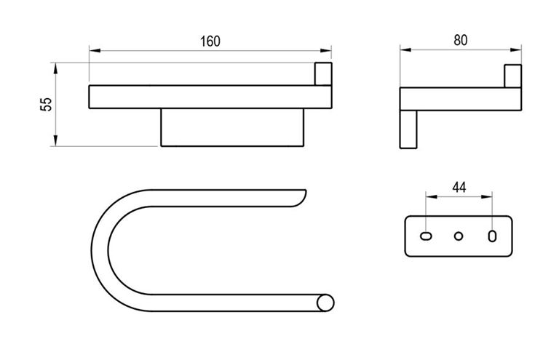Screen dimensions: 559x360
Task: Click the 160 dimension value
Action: click(x=210, y=41)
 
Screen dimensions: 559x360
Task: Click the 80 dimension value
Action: click(x=460, y=40)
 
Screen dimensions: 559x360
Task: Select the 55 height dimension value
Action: click(x=47, y=104)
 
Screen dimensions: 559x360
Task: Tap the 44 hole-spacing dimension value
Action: click(x=459, y=188)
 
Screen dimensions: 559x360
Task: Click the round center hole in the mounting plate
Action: click(x=459, y=236)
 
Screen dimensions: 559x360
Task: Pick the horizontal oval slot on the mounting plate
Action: click(x=427, y=236)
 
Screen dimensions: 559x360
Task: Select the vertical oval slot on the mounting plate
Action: click(x=492, y=236)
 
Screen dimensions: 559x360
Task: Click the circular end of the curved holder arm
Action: click(x=325, y=303)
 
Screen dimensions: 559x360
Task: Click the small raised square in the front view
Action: click(x=323, y=74)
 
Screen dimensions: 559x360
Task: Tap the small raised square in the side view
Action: click(x=512, y=76)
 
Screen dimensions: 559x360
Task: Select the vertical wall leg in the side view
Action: click(x=408, y=129)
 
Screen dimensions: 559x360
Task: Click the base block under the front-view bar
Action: click(x=232, y=127)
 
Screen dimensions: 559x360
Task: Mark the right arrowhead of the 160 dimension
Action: click(x=326, y=51)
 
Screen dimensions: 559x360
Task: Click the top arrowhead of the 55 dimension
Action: click(x=55, y=68)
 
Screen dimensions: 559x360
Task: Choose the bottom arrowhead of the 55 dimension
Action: click(x=55, y=140)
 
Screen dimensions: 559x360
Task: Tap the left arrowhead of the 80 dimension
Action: click(x=405, y=50)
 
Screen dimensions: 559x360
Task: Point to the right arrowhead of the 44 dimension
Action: click(x=487, y=196)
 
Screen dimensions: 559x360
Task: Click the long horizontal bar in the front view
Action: click(x=210, y=97)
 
